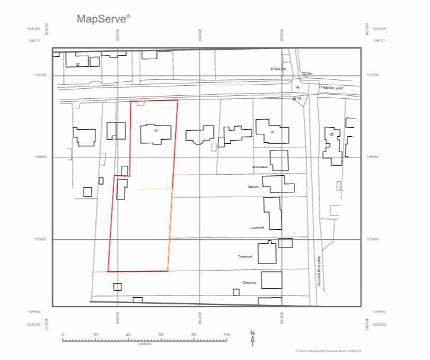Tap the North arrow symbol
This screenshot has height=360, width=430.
click(252, 337)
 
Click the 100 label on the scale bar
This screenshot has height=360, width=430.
click(226, 335)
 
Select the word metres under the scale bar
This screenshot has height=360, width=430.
click(145, 344)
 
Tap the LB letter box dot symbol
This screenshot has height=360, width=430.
click(294, 99)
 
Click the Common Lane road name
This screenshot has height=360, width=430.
click(331, 88)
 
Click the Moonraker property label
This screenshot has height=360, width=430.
click(260, 168)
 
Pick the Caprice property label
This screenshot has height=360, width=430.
click(254, 187)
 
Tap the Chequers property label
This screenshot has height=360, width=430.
click(249, 282)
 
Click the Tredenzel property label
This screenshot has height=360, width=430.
click(245, 256)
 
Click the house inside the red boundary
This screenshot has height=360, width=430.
click(156, 134)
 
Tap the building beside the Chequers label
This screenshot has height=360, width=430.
click(272, 279)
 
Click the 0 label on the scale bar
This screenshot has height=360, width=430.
click(63, 335)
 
